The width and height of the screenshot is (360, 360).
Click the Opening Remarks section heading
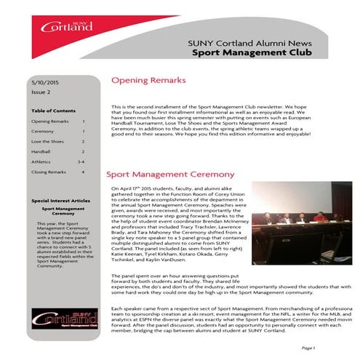148,80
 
